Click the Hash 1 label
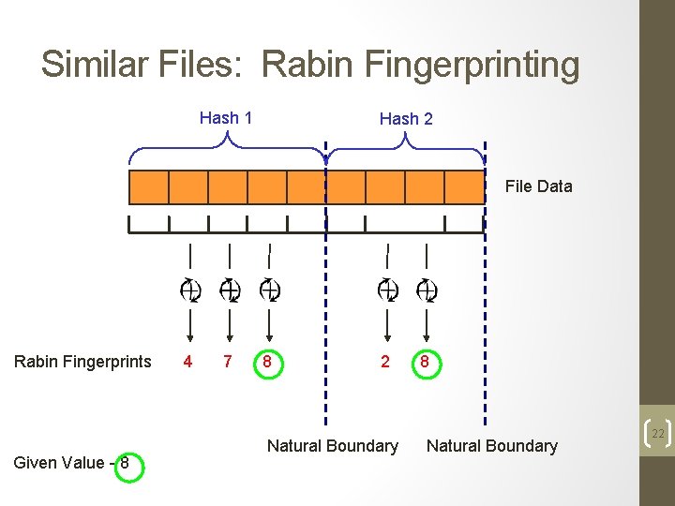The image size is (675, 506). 226,118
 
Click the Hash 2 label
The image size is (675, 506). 406,119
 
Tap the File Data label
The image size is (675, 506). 538,186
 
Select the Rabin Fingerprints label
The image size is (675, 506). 82,362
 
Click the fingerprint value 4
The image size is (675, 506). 188,362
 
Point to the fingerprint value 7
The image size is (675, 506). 227,362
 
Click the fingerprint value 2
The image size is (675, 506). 385,362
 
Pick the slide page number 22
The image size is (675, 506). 657,433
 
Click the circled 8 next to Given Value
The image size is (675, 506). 124,463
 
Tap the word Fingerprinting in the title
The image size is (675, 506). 422,66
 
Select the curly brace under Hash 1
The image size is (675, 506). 228,146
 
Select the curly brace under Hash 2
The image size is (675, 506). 406,146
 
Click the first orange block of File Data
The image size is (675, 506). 148,186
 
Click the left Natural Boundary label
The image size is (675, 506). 333,446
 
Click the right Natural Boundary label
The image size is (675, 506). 492,446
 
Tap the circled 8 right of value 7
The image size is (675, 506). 269,362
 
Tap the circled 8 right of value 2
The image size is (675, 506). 425,362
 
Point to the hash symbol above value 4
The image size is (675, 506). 189,290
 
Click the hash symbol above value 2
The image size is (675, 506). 387,290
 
